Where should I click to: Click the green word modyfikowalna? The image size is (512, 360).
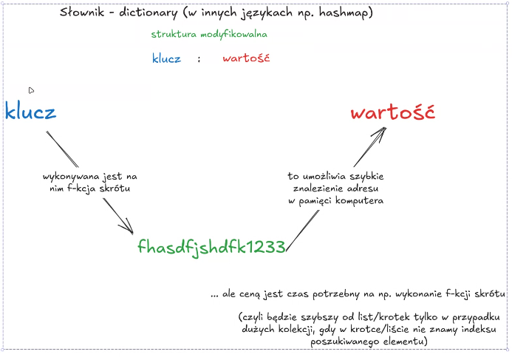point(236,34)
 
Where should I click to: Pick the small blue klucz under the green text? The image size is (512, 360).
point(166,58)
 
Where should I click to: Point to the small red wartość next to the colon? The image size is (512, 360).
point(245,58)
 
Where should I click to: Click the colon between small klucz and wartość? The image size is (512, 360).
point(199,59)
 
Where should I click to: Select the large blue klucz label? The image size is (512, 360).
point(30,112)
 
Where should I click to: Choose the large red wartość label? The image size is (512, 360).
point(392,113)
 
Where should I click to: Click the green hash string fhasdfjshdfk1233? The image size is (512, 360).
point(211,248)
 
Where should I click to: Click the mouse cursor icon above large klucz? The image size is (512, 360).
point(31,90)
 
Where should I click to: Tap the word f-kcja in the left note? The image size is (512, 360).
point(72,189)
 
